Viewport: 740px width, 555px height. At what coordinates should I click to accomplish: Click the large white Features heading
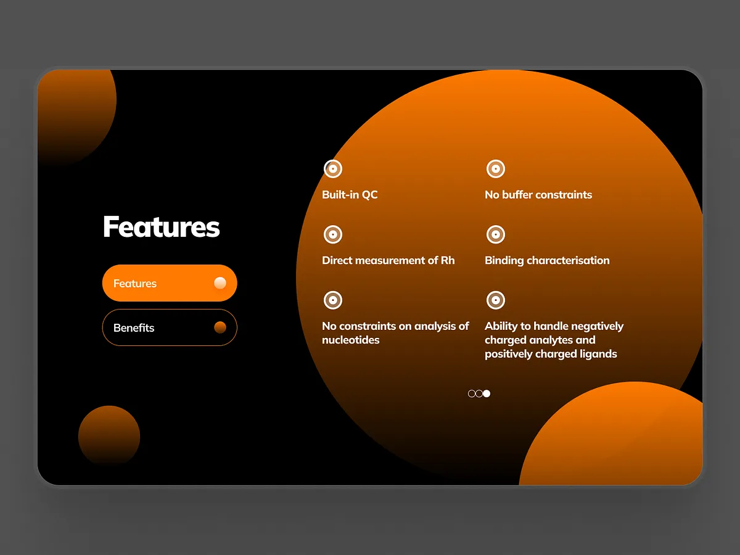point(161,227)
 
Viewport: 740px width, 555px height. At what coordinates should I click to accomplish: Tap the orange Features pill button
point(170,283)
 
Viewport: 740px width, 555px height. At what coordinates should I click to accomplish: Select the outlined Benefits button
point(170,327)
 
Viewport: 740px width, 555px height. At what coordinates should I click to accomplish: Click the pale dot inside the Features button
point(220,283)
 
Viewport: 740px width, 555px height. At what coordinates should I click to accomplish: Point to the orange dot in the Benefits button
point(220,327)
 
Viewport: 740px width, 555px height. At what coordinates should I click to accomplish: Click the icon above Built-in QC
point(333,169)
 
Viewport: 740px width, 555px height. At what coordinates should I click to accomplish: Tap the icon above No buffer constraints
point(496,169)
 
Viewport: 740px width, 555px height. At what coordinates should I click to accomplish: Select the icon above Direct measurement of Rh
point(333,235)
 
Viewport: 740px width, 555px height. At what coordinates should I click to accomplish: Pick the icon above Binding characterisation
point(496,235)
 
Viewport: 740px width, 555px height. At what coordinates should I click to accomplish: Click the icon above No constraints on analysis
point(333,300)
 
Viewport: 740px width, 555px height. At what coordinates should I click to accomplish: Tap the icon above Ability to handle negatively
point(496,300)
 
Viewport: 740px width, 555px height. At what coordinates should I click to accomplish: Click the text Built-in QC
point(350,195)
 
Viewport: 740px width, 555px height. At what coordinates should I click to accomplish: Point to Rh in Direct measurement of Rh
point(448,260)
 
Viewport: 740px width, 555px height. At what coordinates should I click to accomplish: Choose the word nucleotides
point(351,340)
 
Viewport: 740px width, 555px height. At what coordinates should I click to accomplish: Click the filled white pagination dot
point(487,393)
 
